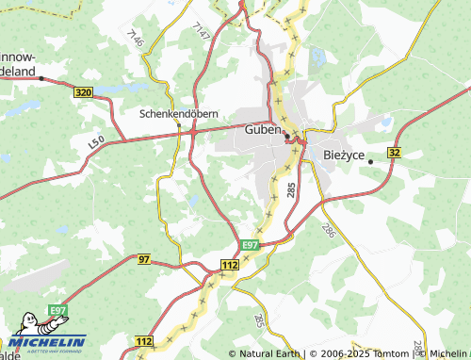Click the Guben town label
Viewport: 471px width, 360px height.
pos(262,129)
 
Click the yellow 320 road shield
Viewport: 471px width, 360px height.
pos(83,92)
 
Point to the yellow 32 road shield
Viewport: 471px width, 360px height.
pos(394,152)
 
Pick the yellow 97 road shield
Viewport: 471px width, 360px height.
pos(143,258)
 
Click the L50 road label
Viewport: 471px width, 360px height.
pos(94,140)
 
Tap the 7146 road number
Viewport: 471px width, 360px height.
pos(134,39)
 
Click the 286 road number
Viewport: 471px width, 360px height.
pos(328,229)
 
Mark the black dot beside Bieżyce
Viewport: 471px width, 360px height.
pos(370,162)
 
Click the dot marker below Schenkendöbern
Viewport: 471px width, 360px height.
pos(178,123)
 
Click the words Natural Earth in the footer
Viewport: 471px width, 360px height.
pos(268,353)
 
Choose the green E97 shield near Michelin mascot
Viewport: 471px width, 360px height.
pos(58,311)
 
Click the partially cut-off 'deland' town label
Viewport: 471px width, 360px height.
pos(19,71)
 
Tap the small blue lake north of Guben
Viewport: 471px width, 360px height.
pos(317,57)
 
